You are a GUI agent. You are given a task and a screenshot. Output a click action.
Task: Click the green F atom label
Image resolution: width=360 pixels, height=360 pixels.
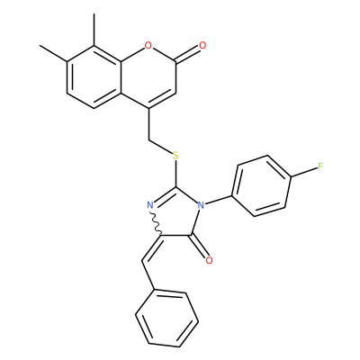pos(320,166)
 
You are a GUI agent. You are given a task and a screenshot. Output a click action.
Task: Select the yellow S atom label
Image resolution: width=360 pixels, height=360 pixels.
pos(175,156)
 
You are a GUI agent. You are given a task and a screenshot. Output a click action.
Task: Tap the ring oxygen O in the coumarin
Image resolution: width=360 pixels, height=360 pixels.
pos(148,46)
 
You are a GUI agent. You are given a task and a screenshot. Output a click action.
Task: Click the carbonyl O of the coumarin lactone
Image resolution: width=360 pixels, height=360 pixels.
pos(202,46)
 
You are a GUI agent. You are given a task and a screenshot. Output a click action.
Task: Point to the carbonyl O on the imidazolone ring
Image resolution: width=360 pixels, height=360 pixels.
pos(209,260)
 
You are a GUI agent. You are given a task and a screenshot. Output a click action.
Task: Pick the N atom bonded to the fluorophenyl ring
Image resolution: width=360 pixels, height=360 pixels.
pos(201,205)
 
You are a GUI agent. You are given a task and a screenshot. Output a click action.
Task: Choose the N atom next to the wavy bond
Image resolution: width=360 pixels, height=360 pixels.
pos(150,205)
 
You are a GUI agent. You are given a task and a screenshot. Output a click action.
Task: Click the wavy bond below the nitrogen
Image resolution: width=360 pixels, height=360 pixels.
pos(157,223)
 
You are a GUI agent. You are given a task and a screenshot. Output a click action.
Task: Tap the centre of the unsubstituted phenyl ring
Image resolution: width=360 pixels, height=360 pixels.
pos(167,319)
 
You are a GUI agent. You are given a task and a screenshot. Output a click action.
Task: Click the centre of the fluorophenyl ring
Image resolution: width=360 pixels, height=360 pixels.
pos(261,185)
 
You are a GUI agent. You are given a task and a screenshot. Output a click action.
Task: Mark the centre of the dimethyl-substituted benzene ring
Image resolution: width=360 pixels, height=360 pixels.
pos(94,77)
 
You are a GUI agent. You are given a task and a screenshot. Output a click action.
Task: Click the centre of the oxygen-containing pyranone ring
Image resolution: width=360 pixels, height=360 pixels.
pos(148,77)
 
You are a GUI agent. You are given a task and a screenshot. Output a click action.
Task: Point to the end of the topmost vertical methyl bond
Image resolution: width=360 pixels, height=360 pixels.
pos(94,13)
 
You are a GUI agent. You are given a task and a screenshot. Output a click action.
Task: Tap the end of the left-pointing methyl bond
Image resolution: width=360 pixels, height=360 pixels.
pos(40,46)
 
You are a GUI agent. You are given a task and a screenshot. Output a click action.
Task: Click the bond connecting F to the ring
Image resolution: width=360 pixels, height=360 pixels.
pos(304,173)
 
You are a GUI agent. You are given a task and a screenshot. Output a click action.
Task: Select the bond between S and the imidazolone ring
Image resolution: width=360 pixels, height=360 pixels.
pos(175,174)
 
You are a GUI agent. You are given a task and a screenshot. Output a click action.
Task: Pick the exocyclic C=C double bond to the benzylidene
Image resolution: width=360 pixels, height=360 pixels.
pos(152,248)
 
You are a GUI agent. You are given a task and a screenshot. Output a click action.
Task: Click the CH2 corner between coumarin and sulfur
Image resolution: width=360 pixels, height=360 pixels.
pos(148,139)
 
